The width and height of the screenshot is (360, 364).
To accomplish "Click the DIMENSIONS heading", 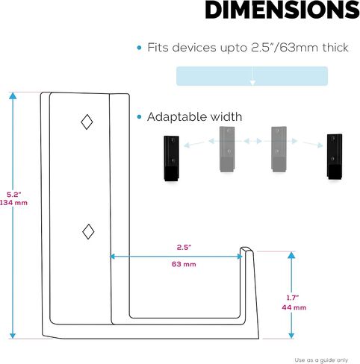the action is tap(282, 10).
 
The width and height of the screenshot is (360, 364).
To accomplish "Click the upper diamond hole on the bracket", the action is tap(87, 122).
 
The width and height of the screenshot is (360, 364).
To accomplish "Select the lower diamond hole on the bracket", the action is tap(88, 231).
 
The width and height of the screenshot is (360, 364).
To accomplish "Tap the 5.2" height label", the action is tap(14, 195).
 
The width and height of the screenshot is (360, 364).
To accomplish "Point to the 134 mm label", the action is tap(13, 203).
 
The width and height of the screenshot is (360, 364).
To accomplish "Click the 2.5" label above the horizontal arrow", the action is tap(184, 248).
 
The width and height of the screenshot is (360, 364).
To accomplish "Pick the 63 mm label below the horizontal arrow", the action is tap(184, 264).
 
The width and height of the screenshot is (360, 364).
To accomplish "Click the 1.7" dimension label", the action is tap(293, 298).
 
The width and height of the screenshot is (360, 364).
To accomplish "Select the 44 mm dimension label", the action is tap(294, 307).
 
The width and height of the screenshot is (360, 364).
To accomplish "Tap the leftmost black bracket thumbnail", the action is tap(172, 158).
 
